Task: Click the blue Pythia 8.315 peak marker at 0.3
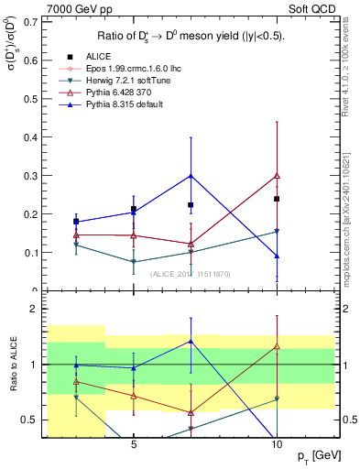pos(191,175)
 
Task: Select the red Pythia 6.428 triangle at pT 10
pos(277,175)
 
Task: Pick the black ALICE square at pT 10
pos(277,199)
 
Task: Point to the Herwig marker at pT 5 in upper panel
pos(134,262)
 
